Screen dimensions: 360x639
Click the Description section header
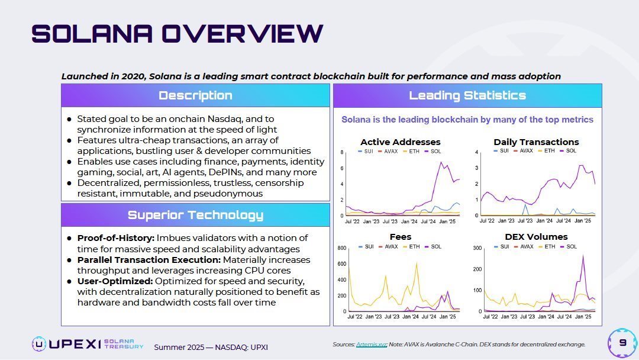195,95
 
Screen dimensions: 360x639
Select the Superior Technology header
195,215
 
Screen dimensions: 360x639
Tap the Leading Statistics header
467,95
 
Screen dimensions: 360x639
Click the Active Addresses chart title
400,142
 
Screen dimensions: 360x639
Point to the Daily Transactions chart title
536,142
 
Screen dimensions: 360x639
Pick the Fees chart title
401,237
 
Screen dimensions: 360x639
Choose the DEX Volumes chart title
536,237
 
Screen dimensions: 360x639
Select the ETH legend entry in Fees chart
412,246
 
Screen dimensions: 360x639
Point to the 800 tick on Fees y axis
341,248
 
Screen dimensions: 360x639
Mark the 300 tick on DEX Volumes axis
477,248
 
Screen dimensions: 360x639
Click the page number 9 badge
622,343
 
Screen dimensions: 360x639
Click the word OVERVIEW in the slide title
243,33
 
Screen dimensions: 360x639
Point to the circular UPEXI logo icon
39,344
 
